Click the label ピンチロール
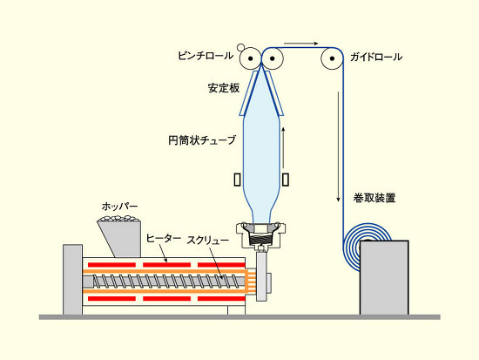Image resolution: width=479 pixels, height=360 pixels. click(206, 56)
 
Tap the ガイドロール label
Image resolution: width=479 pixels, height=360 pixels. click(376, 57)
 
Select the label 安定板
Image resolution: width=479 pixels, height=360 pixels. click(224, 88)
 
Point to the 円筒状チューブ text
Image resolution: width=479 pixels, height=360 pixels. click(202, 140)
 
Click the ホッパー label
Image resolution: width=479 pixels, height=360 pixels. click(119, 207)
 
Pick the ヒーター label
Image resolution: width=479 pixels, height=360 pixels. click(164, 238)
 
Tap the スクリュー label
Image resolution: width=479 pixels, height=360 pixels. click(208, 241)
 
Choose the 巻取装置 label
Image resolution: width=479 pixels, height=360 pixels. click(374, 198)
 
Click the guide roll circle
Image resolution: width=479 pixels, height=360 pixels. click(332, 58)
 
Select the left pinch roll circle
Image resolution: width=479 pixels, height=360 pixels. click(251, 58)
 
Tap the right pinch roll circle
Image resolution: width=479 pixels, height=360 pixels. click(273, 58)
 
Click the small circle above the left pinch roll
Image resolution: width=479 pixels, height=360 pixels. click(240, 47)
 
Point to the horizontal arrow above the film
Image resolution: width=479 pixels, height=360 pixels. click(301, 44)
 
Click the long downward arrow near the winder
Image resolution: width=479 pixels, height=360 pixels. click(338, 146)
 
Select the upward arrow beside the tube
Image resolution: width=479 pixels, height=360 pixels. click(283, 147)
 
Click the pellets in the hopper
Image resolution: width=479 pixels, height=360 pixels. click(118, 219)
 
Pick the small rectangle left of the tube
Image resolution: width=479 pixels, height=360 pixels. click(238, 180)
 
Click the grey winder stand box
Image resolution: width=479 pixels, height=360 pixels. click(384, 277)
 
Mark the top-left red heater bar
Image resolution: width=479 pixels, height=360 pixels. click(111, 265)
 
